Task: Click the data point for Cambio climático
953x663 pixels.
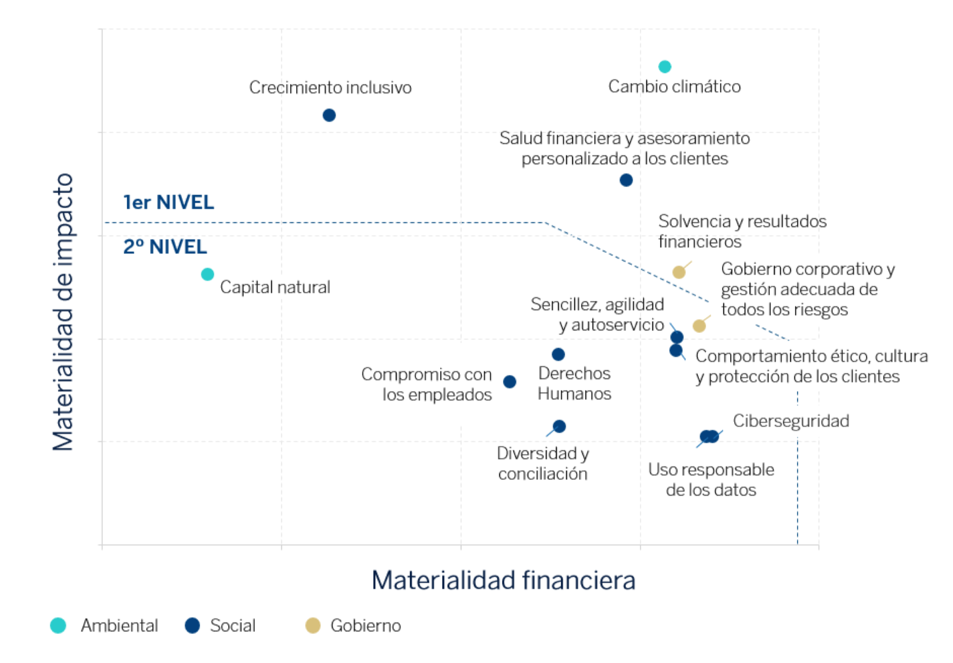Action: click(x=664, y=67)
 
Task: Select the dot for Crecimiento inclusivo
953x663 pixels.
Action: click(x=329, y=115)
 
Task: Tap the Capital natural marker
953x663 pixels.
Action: click(x=207, y=274)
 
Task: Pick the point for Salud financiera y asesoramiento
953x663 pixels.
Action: click(x=626, y=180)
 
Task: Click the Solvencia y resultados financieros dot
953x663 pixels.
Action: click(x=679, y=272)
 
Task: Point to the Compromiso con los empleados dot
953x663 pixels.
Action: click(x=509, y=382)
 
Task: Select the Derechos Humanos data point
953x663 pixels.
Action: click(x=558, y=354)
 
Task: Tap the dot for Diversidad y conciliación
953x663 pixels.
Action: click(x=559, y=426)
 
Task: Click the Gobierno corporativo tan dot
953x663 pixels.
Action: click(x=699, y=326)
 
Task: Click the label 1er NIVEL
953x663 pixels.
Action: click(x=169, y=202)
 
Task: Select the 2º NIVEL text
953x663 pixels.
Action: click(x=165, y=247)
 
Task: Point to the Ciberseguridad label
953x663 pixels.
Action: click(x=791, y=421)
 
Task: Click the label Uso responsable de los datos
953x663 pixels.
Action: click(x=711, y=480)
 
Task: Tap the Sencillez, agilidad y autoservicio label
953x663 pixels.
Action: click(x=597, y=314)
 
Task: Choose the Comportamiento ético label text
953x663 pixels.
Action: click(x=811, y=366)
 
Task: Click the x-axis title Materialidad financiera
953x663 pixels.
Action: click(x=503, y=580)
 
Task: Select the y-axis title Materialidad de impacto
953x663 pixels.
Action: click(x=63, y=312)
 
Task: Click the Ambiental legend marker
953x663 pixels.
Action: click(x=58, y=625)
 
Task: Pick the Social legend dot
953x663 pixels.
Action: click(x=192, y=625)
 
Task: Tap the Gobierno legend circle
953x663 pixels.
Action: click(x=313, y=625)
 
